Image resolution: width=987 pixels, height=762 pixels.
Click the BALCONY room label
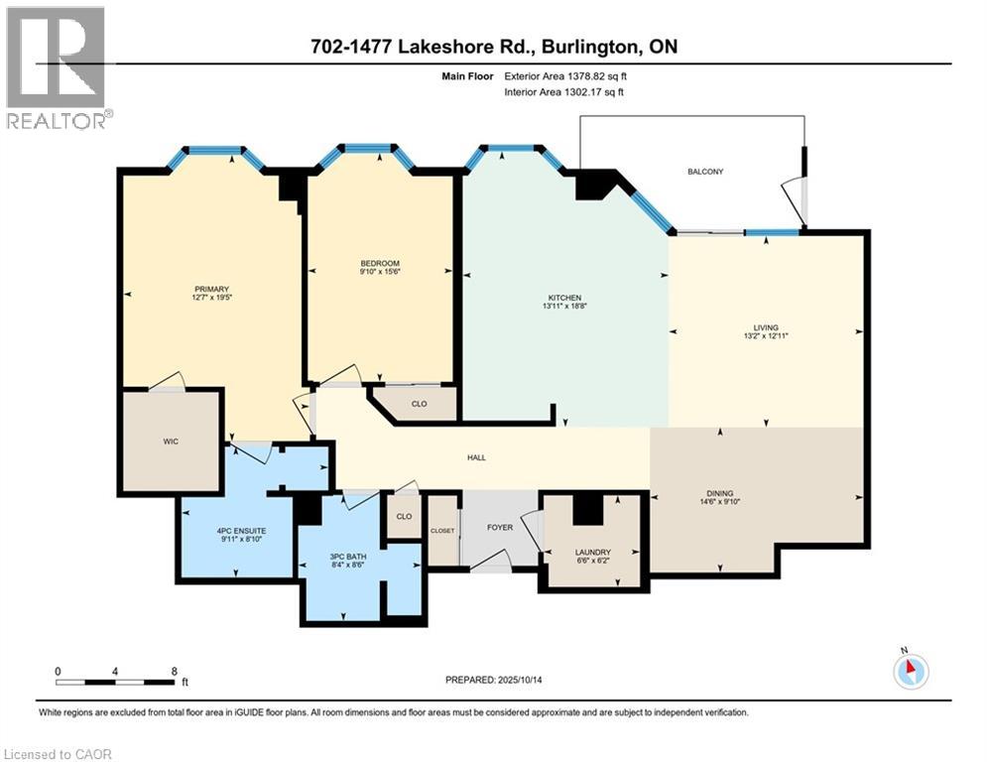(x=705, y=172)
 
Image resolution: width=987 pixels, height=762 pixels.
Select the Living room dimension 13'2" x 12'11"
(x=765, y=336)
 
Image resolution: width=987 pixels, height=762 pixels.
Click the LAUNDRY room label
(x=592, y=553)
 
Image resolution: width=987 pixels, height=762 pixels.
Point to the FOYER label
(x=500, y=527)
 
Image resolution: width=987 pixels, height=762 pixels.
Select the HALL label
(x=476, y=457)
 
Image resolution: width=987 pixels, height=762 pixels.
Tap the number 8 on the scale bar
(x=175, y=671)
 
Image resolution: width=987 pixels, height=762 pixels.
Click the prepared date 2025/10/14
(x=534, y=680)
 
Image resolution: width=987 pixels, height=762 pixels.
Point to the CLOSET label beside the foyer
(x=442, y=531)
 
